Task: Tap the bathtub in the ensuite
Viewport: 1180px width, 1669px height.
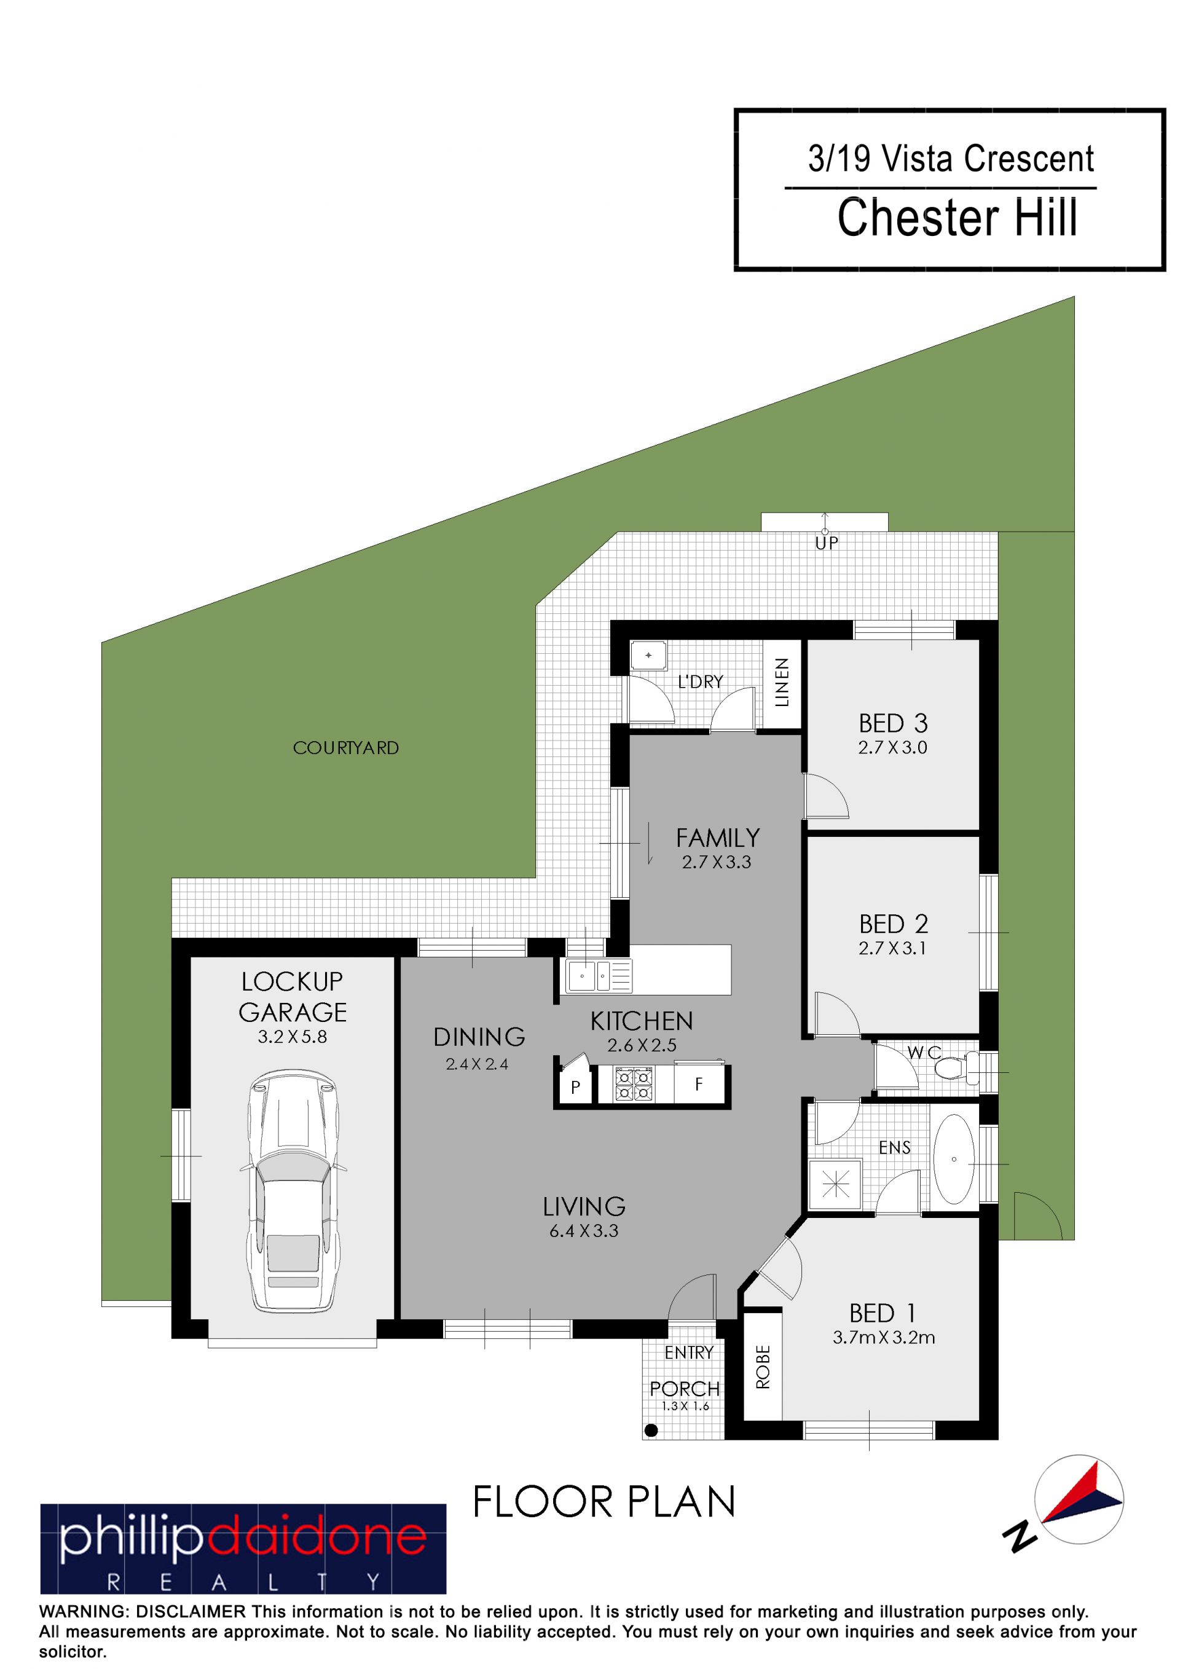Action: tap(953, 1159)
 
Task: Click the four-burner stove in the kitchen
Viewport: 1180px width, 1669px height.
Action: tap(633, 1085)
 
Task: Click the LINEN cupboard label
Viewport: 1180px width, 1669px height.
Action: tap(782, 682)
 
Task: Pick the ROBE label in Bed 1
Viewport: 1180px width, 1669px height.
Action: tap(763, 1367)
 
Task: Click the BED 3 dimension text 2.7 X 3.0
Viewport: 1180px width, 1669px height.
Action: tap(892, 747)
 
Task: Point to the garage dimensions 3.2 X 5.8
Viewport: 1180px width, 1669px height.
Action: tap(293, 1037)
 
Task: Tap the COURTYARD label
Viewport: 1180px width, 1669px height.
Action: tap(345, 748)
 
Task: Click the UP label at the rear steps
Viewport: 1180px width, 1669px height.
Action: tap(827, 543)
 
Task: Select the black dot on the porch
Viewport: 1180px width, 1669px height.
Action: tap(651, 1430)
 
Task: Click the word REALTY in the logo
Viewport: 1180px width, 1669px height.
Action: tap(243, 1582)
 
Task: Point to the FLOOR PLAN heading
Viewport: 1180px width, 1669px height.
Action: tap(604, 1502)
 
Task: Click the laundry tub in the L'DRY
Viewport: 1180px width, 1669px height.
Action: tap(648, 655)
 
